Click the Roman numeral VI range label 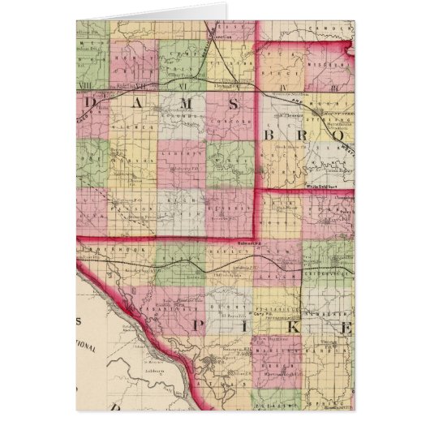click(184, 84)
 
